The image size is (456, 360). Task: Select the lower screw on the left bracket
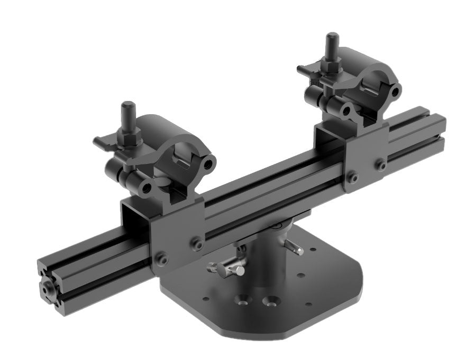(161, 260)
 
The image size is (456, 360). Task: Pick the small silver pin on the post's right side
(294, 247)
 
